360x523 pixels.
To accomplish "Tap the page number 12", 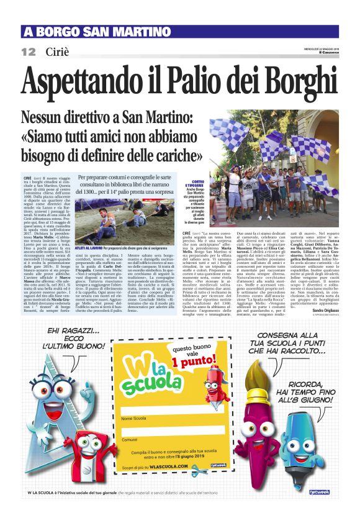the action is [x=28, y=52].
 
